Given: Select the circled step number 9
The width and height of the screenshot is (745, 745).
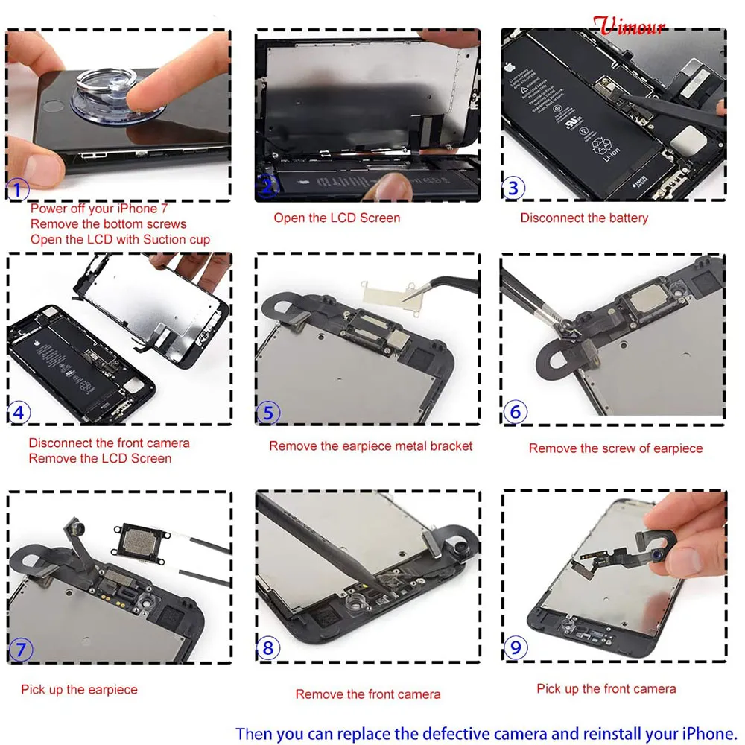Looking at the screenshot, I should (x=515, y=647).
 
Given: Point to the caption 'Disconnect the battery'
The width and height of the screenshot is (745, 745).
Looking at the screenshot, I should (x=584, y=218).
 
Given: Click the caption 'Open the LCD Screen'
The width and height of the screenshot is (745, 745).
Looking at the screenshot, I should (x=337, y=218).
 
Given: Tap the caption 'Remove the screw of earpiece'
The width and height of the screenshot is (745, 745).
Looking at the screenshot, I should (x=615, y=448).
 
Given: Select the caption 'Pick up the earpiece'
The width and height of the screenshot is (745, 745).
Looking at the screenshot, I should (x=79, y=690).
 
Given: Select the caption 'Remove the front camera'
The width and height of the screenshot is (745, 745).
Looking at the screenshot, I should (x=368, y=694).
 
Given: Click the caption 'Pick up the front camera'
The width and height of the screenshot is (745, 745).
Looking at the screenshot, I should (x=606, y=689).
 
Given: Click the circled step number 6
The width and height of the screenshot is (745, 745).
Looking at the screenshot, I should (x=515, y=411).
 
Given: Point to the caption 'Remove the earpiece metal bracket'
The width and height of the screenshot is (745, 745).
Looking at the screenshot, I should (x=370, y=446).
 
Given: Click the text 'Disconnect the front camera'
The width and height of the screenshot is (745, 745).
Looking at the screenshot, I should (x=109, y=443).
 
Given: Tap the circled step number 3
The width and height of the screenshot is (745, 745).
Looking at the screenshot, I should (x=513, y=188).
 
